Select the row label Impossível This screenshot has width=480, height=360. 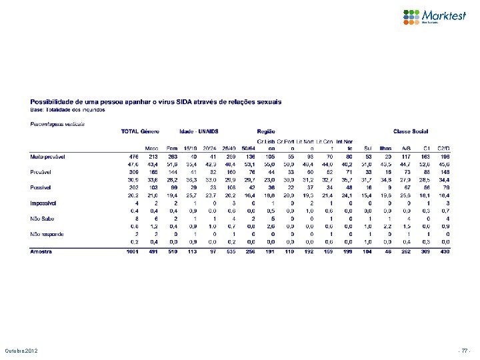pyautogui.click(x=43, y=202)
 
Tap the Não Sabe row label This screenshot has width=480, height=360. pyautogui.click(x=42, y=218)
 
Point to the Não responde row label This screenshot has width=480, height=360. pyautogui.click(x=47, y=234)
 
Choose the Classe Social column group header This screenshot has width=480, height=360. pyautogui.click(x=411, y=131)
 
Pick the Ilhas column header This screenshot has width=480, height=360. pyautogui.click(x=385, y=147)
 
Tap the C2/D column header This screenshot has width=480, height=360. pyautogui.click(x=444, y=147)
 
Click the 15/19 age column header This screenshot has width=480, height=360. pyautogui.click(x=190, y=147)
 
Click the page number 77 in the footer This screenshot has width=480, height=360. pyautogui.click(x=465, y=349)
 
